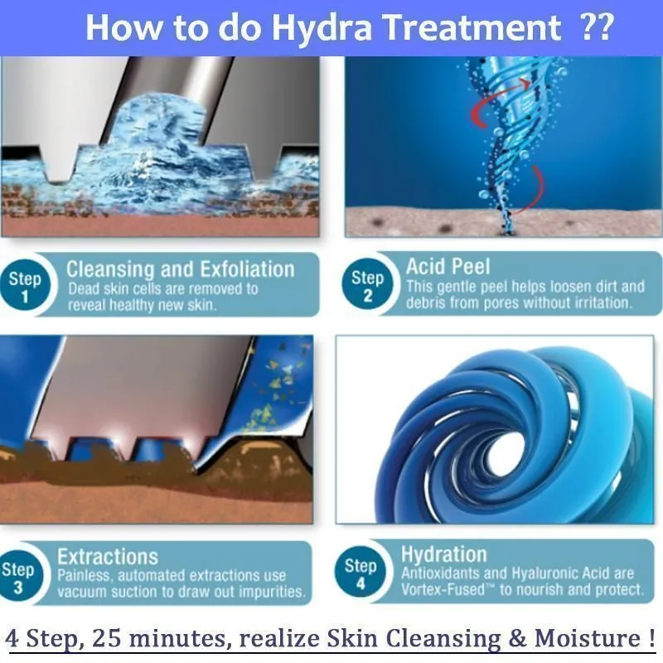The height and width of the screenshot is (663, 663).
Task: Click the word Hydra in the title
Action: click(x=322, y=28)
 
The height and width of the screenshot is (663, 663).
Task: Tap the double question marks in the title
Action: click(x=597, y=27)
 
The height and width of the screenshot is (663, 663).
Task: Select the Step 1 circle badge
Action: click(x=26, y=287)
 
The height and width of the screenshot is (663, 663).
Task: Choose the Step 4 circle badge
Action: click(x=361, y=572)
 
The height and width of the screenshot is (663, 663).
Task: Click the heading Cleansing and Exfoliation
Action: click(x=181, y=269)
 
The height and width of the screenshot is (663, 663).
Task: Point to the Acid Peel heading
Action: click(x=448, y=266)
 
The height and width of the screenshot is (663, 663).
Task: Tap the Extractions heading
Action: click(x=108, y=557)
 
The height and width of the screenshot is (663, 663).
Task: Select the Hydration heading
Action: click(x=444, y=554)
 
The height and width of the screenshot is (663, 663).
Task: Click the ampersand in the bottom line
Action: click(x=518, y=638)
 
